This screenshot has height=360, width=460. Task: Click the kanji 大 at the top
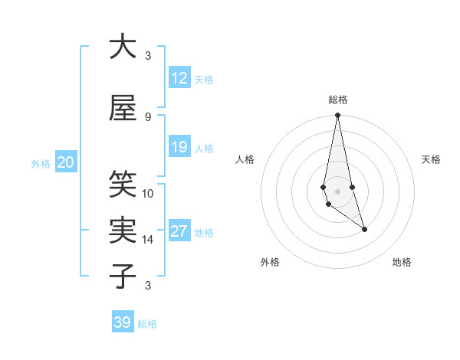pos(123,47)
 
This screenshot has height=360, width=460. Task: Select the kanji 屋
pos(123,108)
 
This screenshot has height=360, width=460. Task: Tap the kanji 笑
pos(123,185)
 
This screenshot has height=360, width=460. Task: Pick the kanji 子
pos(123,277)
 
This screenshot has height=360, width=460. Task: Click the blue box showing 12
pos(179,78)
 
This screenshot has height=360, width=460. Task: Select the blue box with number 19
pos(179,147)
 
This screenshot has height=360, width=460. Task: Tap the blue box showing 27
pos(179,231)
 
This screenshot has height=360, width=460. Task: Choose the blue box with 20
pos(66,162)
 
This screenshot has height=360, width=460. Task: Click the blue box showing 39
pos(123,322)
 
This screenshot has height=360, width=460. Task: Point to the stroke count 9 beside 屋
pos(148,117)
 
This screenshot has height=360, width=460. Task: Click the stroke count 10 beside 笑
pos(148,194)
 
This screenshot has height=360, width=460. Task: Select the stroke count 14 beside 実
pos(148,240)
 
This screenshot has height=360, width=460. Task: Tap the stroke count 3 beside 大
pos(148,56)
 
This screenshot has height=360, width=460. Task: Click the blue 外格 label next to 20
pos(41,163)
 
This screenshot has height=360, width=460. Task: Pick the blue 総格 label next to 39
pos(147,324)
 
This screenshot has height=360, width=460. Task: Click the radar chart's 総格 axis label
pos(337,100)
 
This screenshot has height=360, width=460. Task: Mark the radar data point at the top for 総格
pos(337,116)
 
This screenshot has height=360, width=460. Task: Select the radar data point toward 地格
pos(364,229)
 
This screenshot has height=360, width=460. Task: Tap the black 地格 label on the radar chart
pos(402,262)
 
